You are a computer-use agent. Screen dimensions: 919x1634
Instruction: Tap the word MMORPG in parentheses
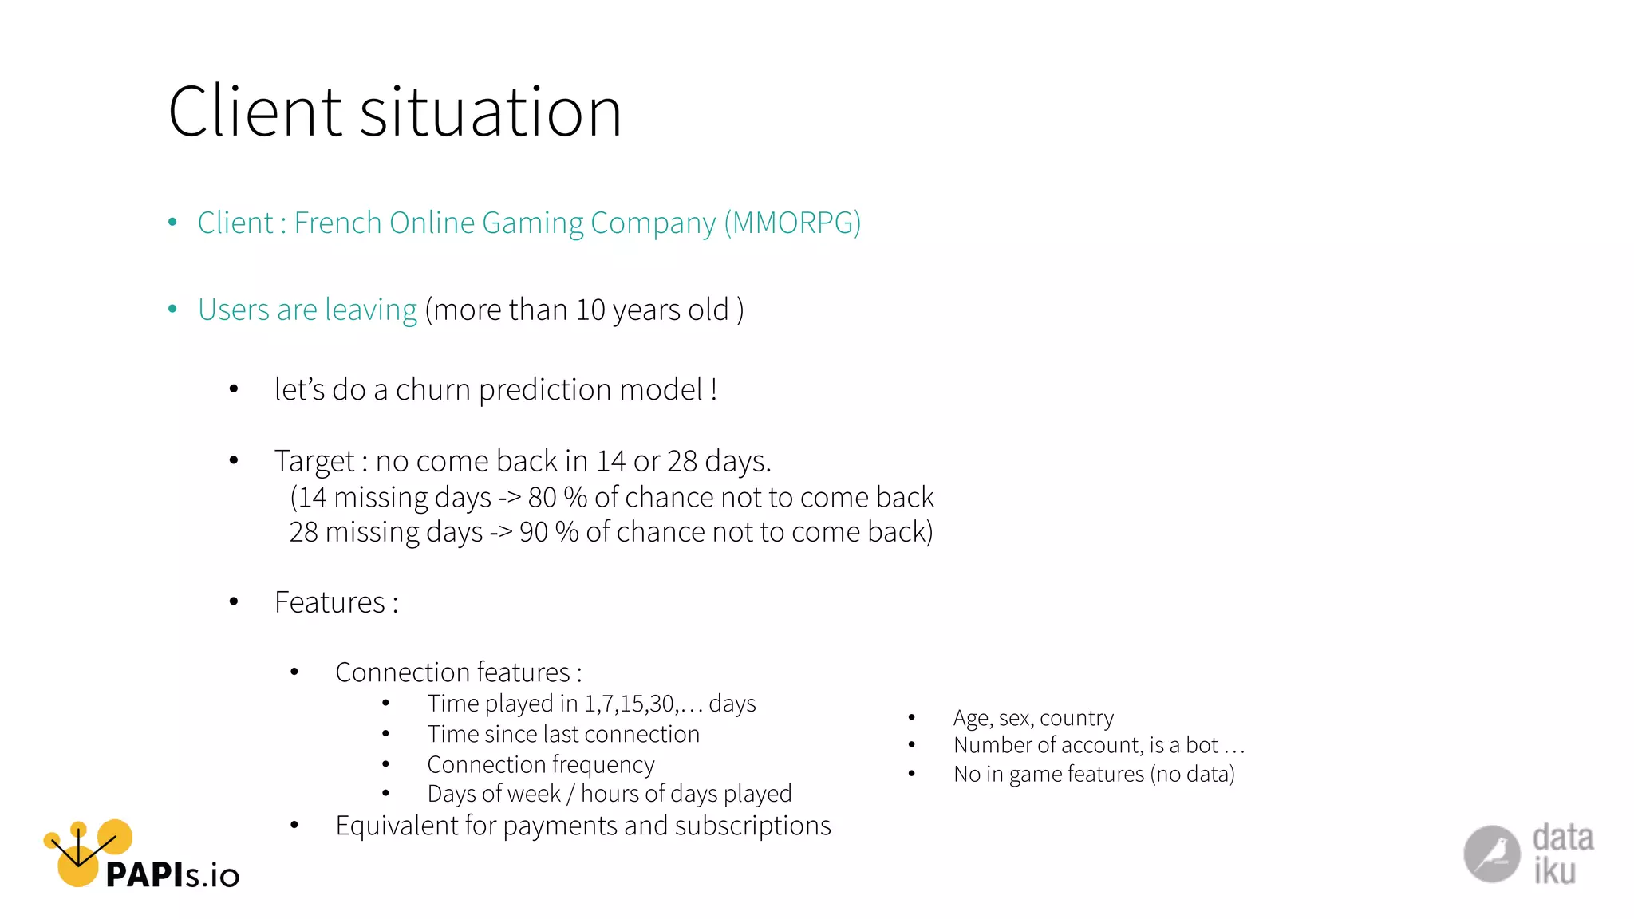point(792,223)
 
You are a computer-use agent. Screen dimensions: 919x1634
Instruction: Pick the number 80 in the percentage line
point(542,497)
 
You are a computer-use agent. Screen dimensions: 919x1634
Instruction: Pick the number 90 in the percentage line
point(533,532)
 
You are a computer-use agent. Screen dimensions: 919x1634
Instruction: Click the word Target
point(314,461)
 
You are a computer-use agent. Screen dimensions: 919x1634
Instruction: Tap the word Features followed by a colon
point(330,602)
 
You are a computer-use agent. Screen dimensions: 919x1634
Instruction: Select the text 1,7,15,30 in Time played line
point(630,704)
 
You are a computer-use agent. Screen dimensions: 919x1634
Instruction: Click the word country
point(1076,718)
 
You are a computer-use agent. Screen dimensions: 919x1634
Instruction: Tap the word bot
point(1202,745)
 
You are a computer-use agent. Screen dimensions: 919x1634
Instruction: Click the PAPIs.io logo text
point(172,875)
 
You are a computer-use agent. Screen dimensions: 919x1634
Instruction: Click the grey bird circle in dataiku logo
point(1491,854)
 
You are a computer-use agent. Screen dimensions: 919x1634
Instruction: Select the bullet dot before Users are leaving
point(172,309)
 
